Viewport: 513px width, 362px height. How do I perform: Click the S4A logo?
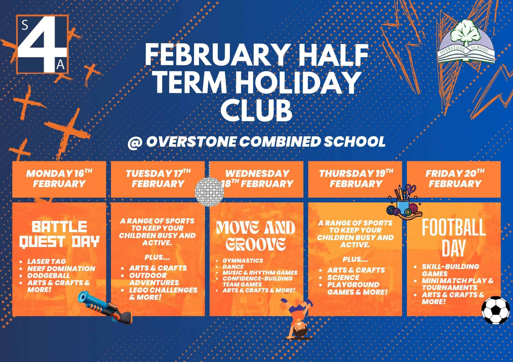click(x=42, y=44)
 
